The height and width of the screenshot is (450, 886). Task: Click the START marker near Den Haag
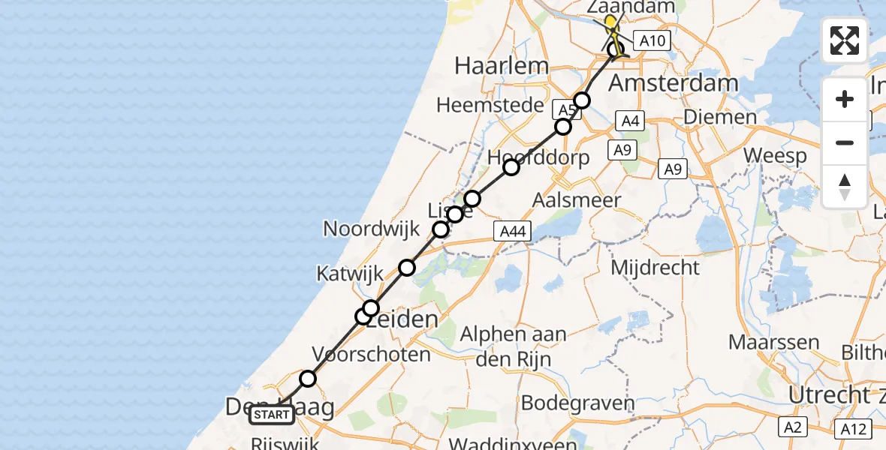coord(272,414)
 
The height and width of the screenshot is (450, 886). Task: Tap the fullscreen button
coord(845,40)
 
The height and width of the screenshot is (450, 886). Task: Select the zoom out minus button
coord(845,142)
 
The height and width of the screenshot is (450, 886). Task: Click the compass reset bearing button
coord(845,186)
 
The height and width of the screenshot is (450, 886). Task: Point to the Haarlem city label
coord(502,66)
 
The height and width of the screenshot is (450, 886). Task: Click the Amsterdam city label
coord(673,82)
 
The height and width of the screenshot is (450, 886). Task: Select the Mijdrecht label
coord(655,267)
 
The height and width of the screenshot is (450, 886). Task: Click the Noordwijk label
coord(371,228)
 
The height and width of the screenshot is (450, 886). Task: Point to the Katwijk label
coord(350,274)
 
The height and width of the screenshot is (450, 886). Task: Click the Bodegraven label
coord(577,403)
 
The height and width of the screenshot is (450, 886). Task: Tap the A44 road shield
coord(514,232)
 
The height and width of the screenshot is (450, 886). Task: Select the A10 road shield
coord(651,40)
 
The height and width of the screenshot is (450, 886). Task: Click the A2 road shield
coord(791,427)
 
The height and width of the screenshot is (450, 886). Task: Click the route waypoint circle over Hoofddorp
coord(511,166)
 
